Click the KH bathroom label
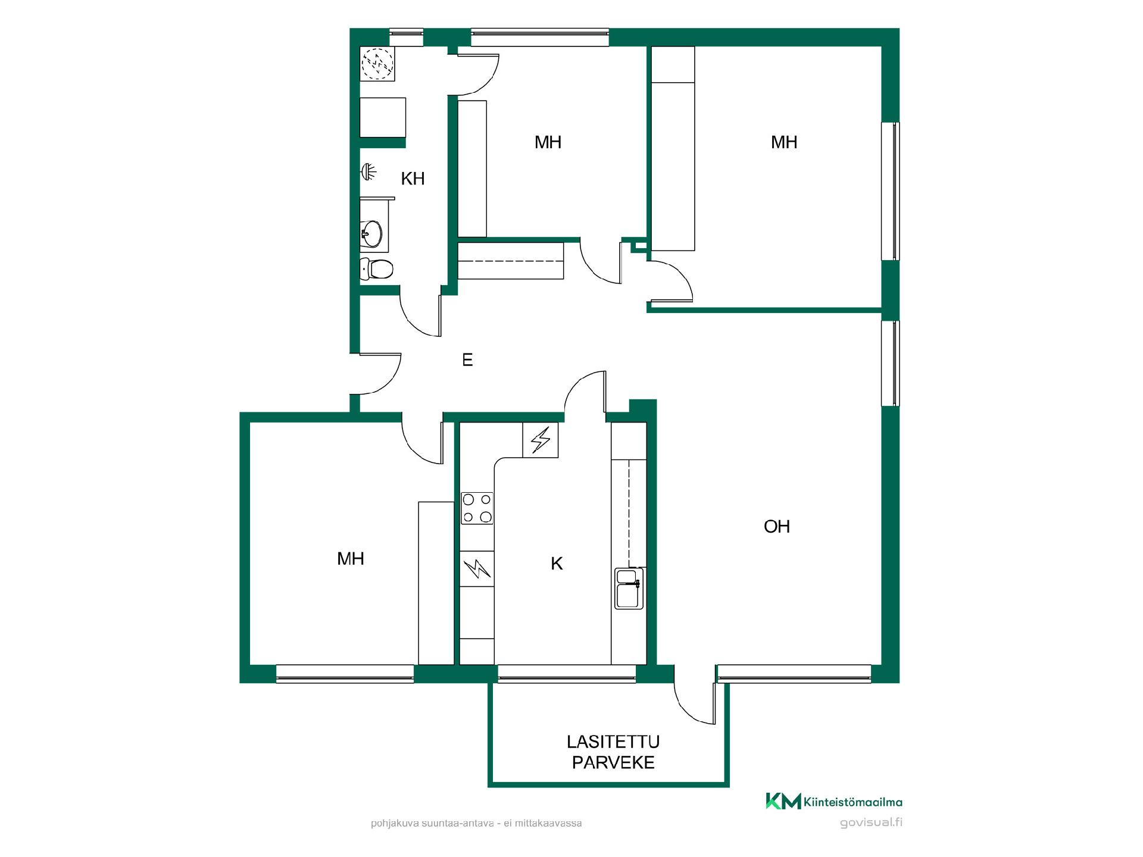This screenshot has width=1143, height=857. [413, 179]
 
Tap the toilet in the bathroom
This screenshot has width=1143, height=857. [377, 269]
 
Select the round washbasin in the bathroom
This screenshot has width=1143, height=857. [371, 233]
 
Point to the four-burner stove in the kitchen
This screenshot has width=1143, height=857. [477, 508]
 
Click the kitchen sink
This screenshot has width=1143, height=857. [629, 589]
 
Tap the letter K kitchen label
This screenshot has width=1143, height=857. [557, 564]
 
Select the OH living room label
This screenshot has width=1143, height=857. [777, 527]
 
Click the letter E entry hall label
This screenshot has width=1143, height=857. [467, 359]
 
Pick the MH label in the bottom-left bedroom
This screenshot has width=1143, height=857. [351, 559]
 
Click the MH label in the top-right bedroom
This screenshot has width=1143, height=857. [784, 142]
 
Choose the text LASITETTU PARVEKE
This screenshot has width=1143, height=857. [613, 752]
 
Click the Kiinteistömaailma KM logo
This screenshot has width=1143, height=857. [833, 802]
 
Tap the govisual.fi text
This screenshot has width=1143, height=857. [871, 823]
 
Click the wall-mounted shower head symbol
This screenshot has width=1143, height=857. [369, 172]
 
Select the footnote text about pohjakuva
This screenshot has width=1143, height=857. [476, 824]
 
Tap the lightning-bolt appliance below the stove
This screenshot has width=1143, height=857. [477, 569]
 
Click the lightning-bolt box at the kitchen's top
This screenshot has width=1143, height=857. [541, 440]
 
